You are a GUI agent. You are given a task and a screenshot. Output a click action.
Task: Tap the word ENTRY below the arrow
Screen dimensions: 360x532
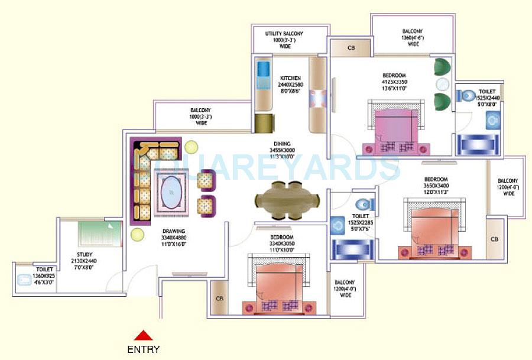tap(143, 349)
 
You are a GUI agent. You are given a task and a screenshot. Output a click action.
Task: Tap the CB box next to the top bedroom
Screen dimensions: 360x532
tap(351, 48)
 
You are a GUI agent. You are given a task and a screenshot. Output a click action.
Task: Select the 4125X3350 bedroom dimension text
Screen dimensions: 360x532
tap(394, 82)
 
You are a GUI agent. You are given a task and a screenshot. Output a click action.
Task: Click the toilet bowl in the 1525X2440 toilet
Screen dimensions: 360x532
tap(469, 95)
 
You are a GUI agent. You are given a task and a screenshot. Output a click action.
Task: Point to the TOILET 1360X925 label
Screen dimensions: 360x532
tap(44, 275)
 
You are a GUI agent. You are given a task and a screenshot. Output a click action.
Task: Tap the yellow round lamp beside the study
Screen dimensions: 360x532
tap(137, 235)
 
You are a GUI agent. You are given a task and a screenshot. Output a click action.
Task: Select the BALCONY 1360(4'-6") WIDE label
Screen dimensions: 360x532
tap(413, 37)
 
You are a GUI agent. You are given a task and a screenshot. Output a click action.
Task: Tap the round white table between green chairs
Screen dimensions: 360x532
tap(442, 84)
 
